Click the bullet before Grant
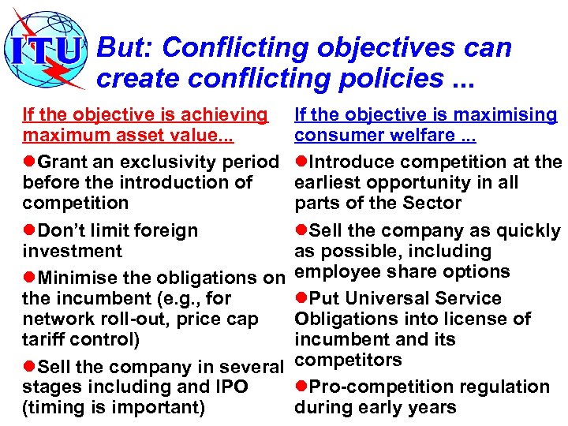[x=29, y=162]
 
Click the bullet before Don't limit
[x=29, y=230]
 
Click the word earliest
[x=327, y=182]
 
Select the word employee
[x=332, y=271]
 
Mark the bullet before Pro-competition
[x=301, y=387]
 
